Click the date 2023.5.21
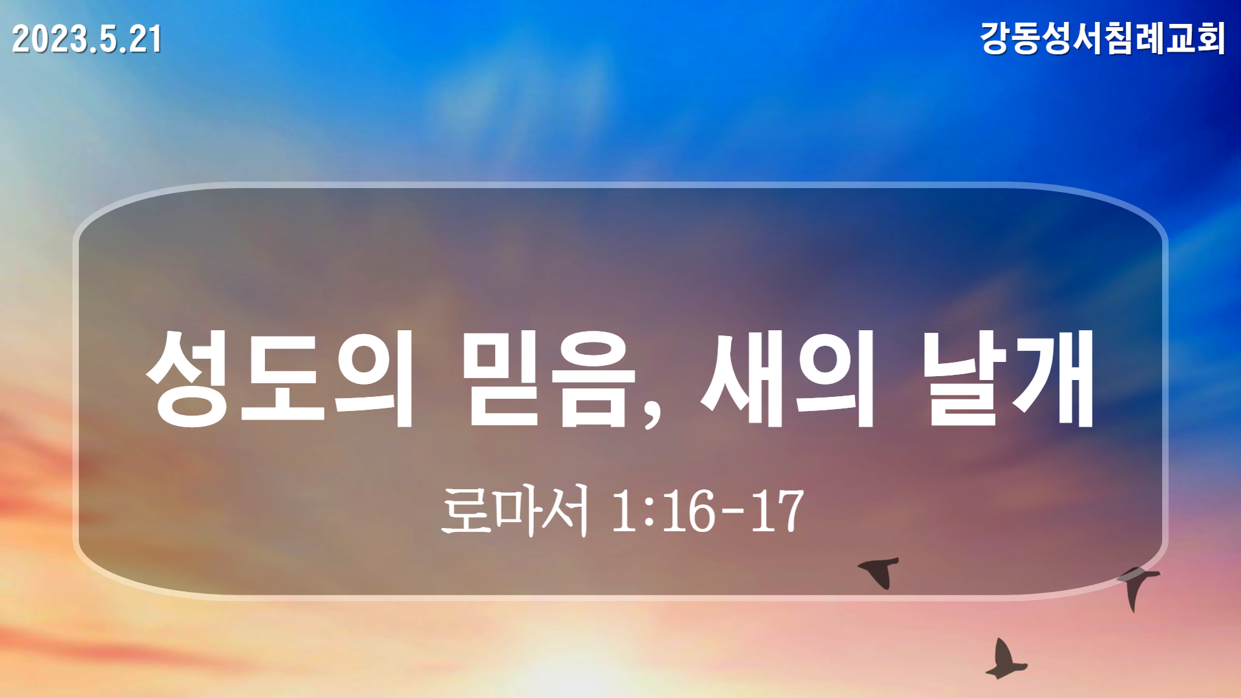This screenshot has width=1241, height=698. point(87,39)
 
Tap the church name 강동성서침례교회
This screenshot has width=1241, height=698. point(1103,38)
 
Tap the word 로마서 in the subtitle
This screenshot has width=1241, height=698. point(515,511)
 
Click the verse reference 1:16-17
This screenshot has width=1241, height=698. point(708,511)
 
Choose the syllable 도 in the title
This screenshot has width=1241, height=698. point(282,379)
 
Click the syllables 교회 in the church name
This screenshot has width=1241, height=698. point(1195,38)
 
